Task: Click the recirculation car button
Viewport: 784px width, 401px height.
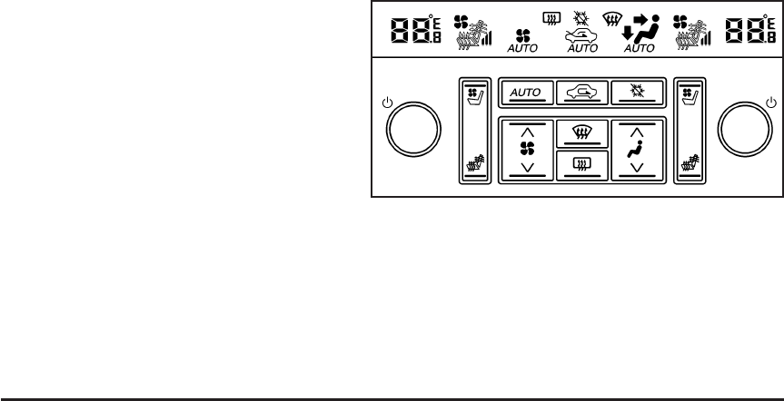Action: (x=582, y=92)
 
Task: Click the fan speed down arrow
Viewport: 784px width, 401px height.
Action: (x=528, y=165)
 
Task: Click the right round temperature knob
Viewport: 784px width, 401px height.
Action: (x=744, y=132)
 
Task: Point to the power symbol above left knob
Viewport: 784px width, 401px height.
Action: (x=388, y=101)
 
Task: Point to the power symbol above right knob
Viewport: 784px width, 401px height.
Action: (x=770, y=101)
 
